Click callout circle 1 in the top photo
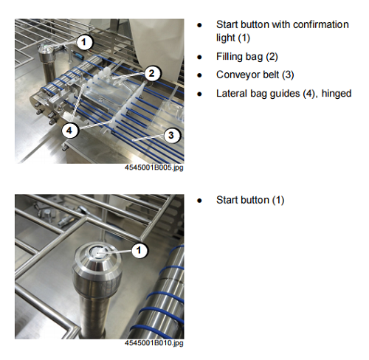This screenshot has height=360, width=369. pyautogui.click(x=84, y=42)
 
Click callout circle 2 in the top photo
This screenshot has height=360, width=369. pyautogui.click(x=151, y=73)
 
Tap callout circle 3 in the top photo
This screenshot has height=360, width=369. pyautogui.click(x=171, y=135)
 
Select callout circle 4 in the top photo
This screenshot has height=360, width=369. pyautogui.click(x=69, y=131)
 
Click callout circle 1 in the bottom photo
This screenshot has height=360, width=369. pyautogui.click(x=139, y=250)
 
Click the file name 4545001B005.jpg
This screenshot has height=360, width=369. pyautogui.click(x=154, y=167)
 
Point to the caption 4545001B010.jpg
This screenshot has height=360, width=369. pyautogui.click(x=154, y=343)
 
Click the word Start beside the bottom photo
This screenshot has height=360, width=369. pyautogui.click(x=227, y=200)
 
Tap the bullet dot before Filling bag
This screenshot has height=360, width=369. pyautogui.click(x=199, y=58)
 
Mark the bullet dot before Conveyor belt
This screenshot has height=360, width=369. pyautogui.click(x=199, y=75)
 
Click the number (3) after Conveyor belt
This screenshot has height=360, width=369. pyautogui.click(x=288, y=75)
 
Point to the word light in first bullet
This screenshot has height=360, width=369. pyautogui.click(x=226, y=38)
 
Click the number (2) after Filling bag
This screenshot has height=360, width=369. pyautogui.click(x=272, y=57)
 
